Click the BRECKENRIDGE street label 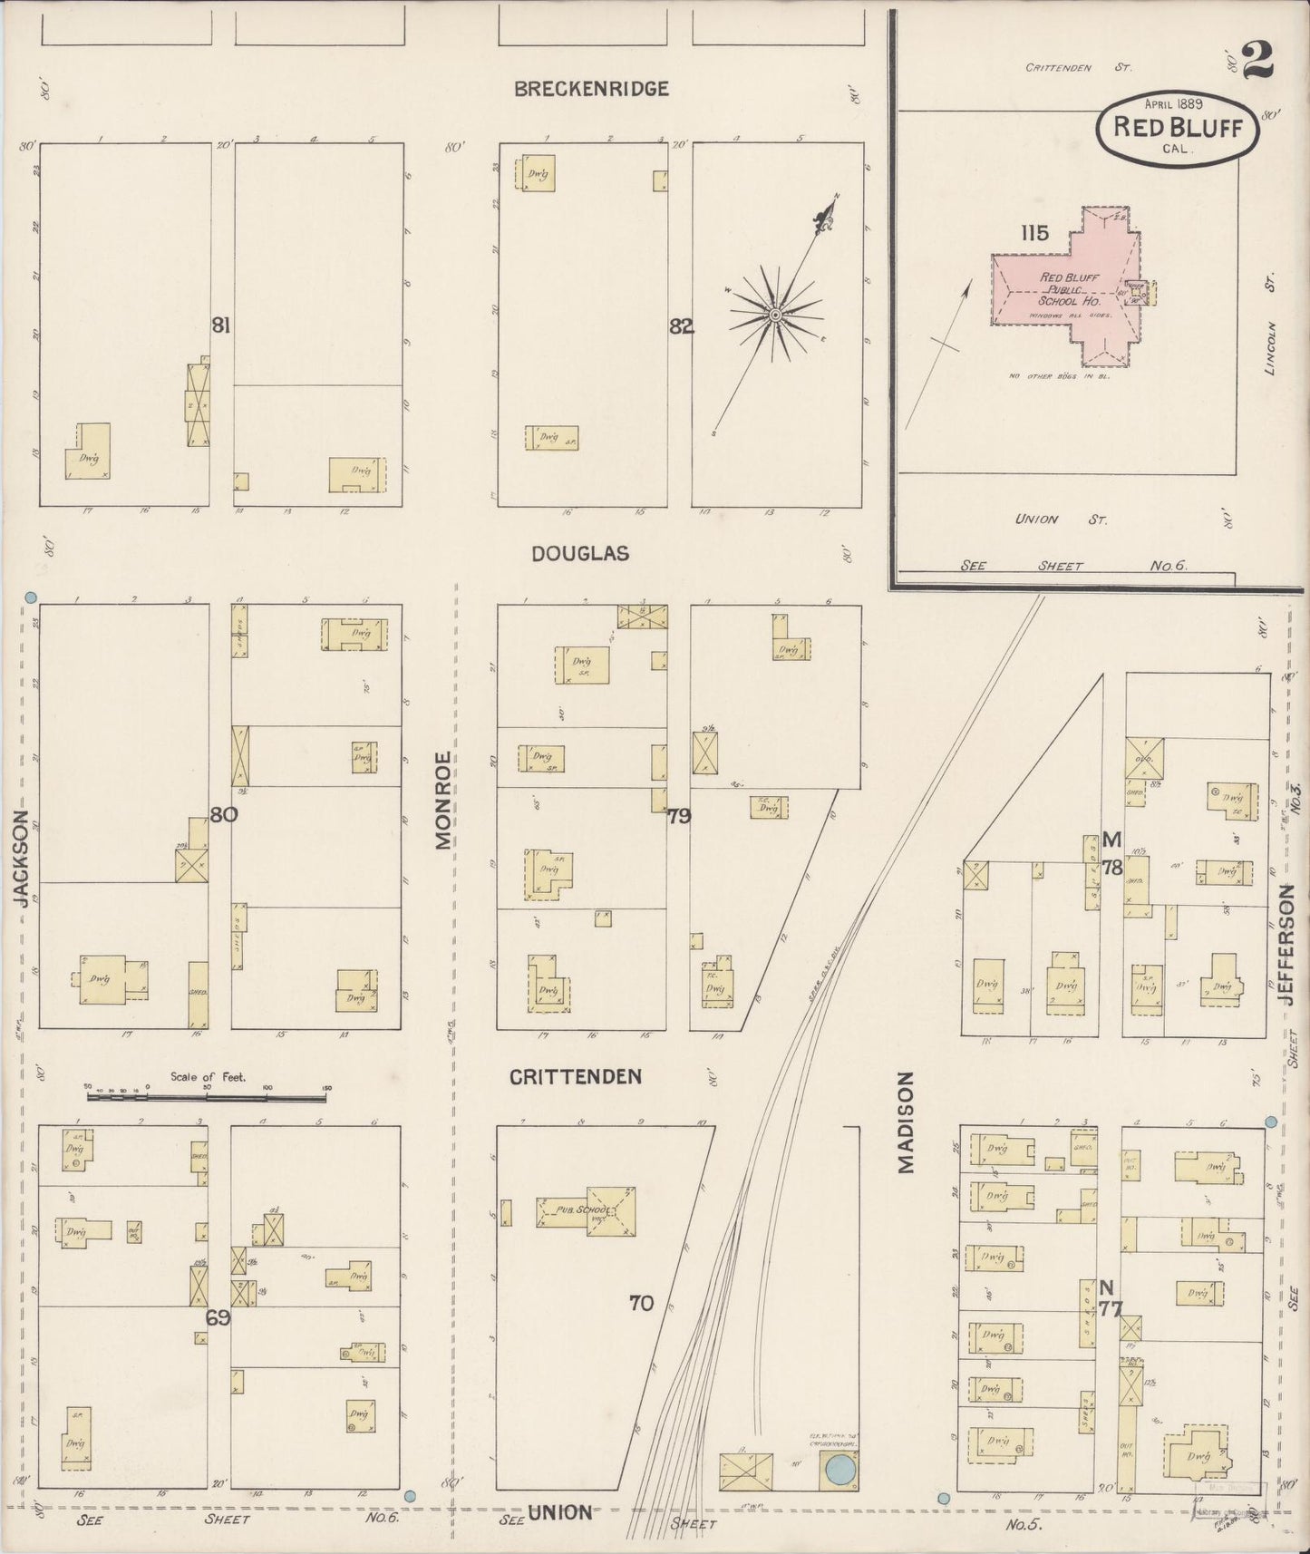591,89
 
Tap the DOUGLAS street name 580,553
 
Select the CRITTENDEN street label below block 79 575,1076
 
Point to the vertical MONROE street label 442,800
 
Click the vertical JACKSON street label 21,858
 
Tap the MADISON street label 907,1122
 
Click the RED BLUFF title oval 1177,128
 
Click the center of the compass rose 775,315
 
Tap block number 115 1033,233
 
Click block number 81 220,325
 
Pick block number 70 641,1303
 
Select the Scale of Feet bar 207,1097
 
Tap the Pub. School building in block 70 586,1209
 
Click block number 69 218,1317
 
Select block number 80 224,814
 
